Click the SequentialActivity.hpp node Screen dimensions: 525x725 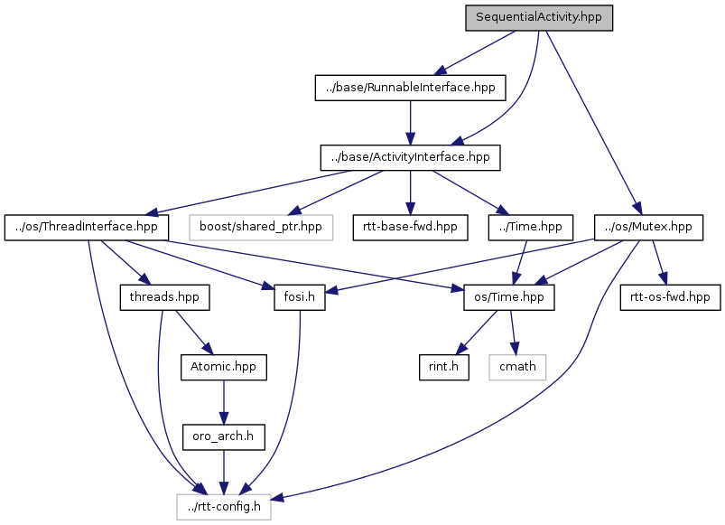539,18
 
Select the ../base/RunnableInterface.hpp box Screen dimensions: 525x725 411,88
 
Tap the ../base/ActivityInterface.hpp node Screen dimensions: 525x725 411,157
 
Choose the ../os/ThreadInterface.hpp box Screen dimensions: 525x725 87,227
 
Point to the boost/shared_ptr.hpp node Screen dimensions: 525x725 261,227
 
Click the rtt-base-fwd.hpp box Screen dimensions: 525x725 411,227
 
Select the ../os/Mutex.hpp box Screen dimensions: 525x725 648,227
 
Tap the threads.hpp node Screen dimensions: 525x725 164,296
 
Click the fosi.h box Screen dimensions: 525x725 299,296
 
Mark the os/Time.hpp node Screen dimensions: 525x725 508,296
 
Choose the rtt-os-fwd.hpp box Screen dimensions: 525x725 669,296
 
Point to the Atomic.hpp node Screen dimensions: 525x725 224,367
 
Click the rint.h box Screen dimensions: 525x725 443,367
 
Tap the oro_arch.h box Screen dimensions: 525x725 224,437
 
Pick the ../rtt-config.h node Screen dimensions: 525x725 223,507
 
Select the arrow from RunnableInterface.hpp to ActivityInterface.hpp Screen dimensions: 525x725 411,123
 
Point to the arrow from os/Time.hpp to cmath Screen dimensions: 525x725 515,332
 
